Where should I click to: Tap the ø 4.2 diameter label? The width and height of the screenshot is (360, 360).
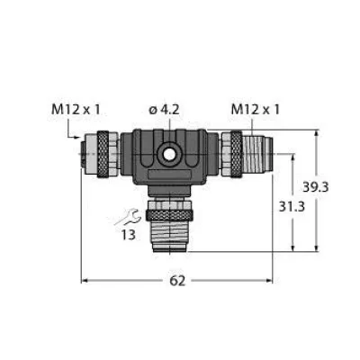point(167,110)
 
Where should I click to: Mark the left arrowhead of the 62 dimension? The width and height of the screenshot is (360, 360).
point(86,282)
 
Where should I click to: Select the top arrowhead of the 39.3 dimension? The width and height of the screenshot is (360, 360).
point(318,133)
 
